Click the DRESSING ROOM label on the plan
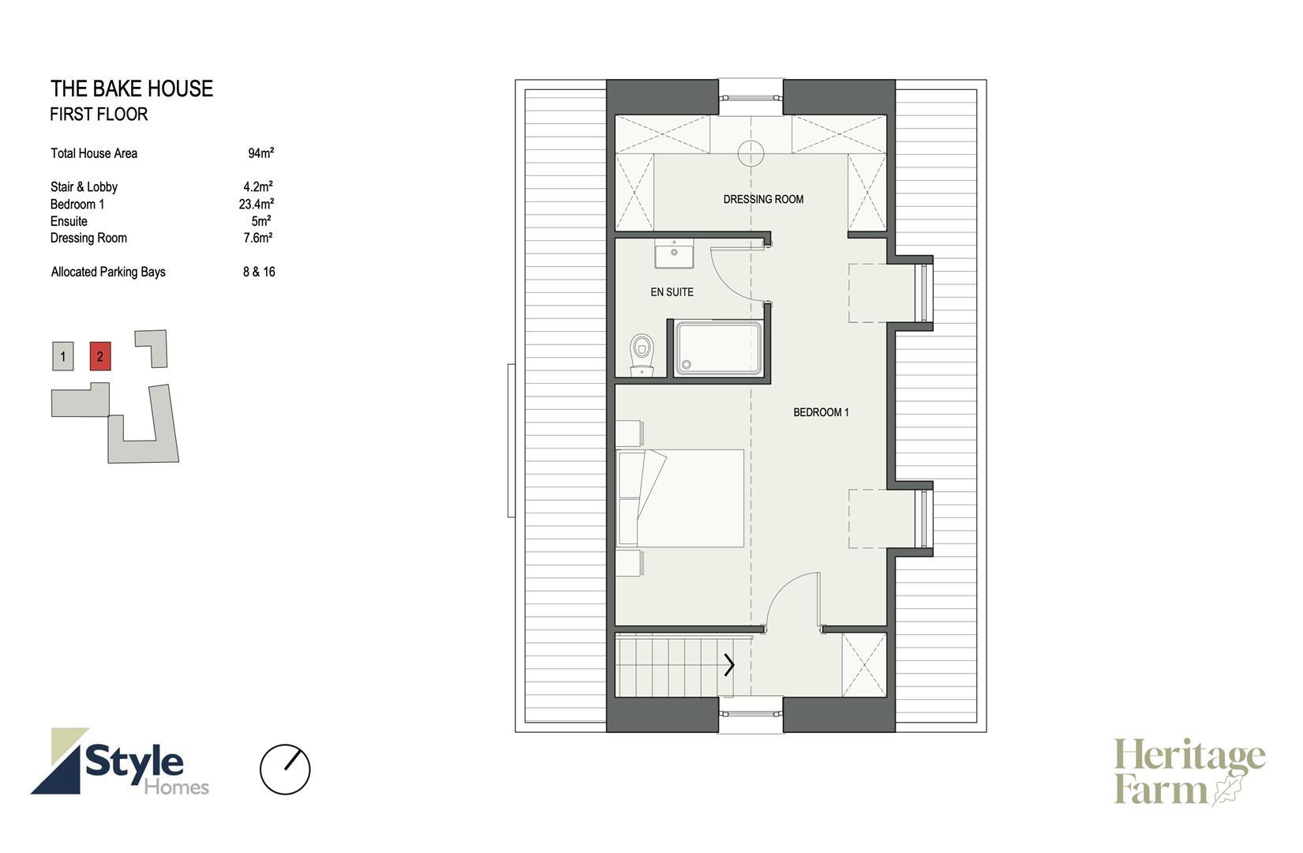point(763,199)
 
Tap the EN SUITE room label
point(672,292)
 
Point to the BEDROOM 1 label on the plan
point(821,412)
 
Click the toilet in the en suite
point(642,355)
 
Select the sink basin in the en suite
point(674,254)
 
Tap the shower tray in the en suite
point(718,348)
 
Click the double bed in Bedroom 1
point(680,498)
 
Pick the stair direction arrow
point(729,664)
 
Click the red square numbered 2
point(100,356)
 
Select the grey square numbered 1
point(63,356)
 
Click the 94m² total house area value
point(260,153)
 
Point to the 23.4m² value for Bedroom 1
point(256,204)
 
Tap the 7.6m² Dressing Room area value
point(258,238)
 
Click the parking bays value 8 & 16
point(259,272)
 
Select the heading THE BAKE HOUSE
point(132,89)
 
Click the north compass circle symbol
point(285,769)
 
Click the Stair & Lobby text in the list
point(84,187)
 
